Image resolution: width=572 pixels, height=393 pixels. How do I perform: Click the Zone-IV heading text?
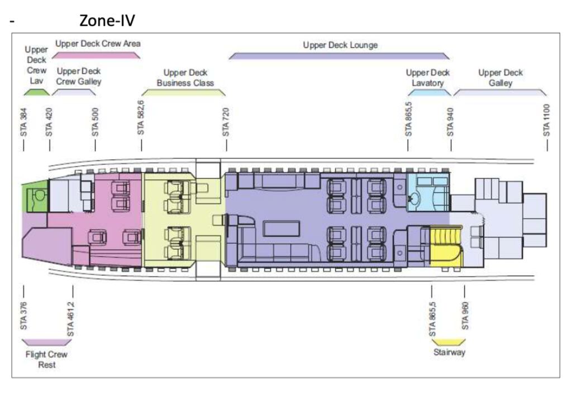(107, 21)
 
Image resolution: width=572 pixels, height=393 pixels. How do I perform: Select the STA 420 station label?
(49, 122)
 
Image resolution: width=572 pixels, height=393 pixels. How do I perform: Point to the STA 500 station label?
(96, 122)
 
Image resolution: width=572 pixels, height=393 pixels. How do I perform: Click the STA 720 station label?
(226, 122)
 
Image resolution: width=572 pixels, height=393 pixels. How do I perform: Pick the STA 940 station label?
(450, 122)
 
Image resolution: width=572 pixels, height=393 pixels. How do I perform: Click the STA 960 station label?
(465, 316)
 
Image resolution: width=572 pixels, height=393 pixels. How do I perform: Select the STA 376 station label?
(23, 316)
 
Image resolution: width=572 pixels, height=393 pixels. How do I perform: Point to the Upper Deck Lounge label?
(340, 45)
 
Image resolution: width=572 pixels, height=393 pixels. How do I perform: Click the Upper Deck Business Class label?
(185, 78)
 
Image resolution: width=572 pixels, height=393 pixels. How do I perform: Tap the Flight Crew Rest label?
(46, 360)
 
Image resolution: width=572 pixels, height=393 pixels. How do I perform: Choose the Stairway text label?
(449, 352)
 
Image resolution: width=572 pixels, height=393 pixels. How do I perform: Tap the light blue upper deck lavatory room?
(428, 192)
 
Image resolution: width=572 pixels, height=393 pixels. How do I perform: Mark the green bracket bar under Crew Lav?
(36, 92)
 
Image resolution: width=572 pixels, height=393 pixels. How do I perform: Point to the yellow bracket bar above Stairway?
(449, 341)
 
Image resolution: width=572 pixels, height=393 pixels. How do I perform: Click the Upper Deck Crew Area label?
(97, 43)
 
